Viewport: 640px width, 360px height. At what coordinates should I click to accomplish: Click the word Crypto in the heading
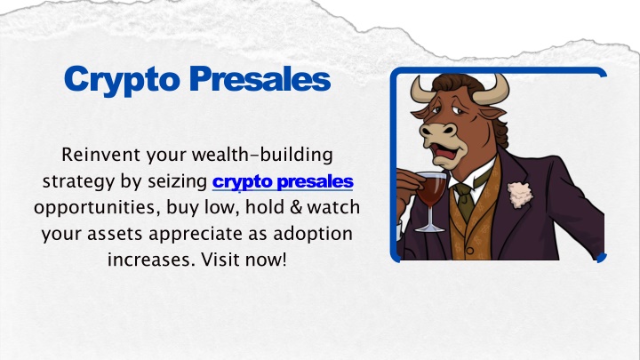coord(122,80)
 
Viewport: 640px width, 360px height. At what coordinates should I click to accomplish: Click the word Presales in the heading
coord(260,78)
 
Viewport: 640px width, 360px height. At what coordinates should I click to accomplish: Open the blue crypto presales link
coord(283,182)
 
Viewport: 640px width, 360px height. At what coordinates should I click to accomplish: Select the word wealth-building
coord(262,156)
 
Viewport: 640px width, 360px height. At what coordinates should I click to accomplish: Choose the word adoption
coord(313,235)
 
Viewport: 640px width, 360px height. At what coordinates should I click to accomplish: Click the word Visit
coord(220,260)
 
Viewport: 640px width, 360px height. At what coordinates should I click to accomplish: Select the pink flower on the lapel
coord(520,195)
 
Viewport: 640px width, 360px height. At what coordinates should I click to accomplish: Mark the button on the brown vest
coord(470,252)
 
